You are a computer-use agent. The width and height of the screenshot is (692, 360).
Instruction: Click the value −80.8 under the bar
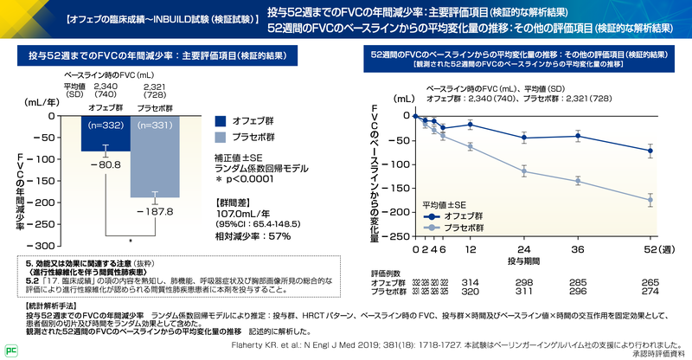pos(106,164)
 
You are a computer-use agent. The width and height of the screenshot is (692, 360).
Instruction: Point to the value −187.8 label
pos(157,209)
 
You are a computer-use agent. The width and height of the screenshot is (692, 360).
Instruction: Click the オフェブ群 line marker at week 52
pos(650,151)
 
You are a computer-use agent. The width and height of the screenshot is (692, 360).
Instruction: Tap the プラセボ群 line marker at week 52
pos(650,200)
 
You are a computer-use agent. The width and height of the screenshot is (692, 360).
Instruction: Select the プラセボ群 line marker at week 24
pos(524,171)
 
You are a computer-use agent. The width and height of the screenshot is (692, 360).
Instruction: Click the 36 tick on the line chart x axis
pos(579,249)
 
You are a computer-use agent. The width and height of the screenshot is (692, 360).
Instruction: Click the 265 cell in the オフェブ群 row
pos(650,282)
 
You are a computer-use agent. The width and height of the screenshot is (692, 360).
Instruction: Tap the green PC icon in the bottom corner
pos(10,350)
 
